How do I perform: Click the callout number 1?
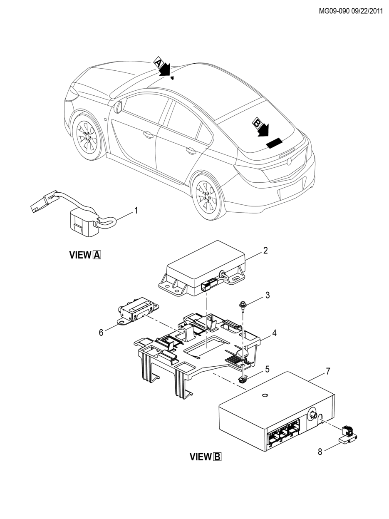[136, 210]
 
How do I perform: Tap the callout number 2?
[265, 251]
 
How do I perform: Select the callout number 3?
[268, 295]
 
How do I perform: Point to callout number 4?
[274, 333]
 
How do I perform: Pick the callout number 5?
[267, 369]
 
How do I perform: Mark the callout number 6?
[101, 333]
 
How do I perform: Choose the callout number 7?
[328, 371]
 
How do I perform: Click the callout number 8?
[320, 452]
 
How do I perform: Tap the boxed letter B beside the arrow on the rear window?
[257, 123]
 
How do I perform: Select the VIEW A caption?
[85, 255]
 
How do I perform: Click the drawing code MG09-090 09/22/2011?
[351, 11]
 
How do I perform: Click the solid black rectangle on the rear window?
[274, 143]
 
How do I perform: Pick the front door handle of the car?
[148, 134]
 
